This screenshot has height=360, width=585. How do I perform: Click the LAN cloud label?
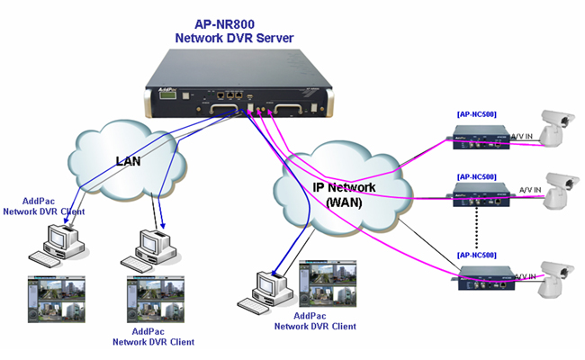pos(130,161)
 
